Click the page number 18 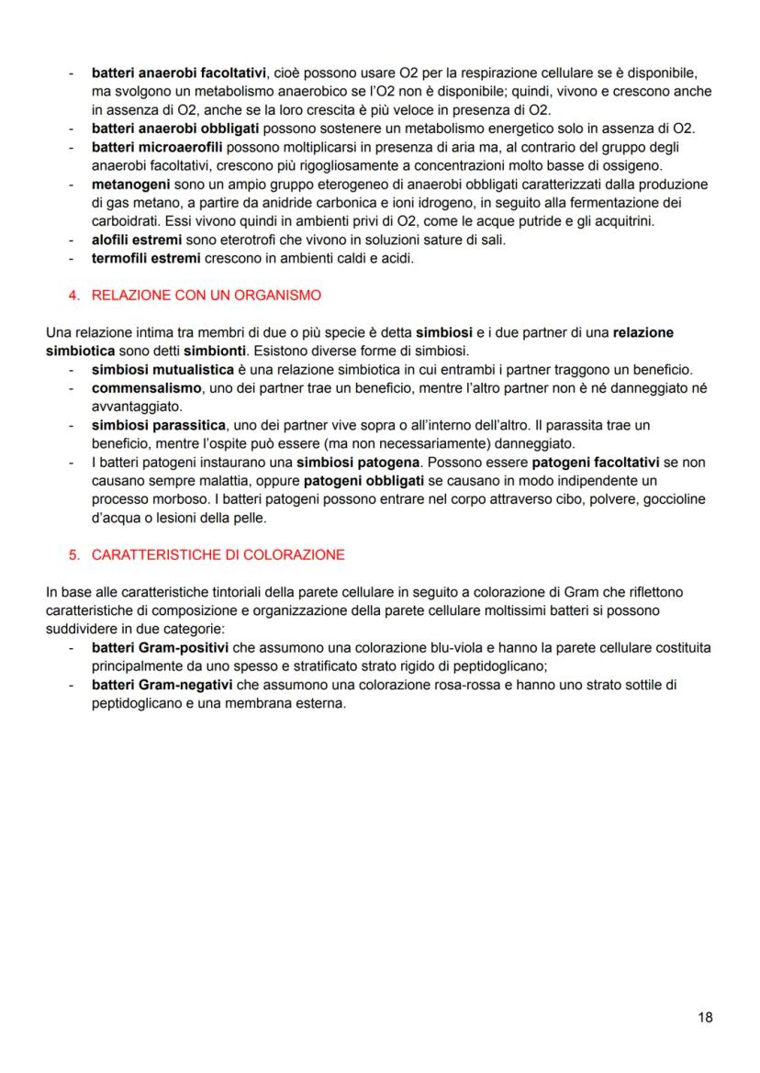(x=705, y=1016)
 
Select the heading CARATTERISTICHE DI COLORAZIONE (x=218, y=554)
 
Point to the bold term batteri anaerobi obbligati (x=174, y=126)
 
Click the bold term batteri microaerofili (x=157, y=146)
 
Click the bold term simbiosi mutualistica (x=162, y=369)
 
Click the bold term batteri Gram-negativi (x=162, y=686)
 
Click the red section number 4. (x=73, y=295)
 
